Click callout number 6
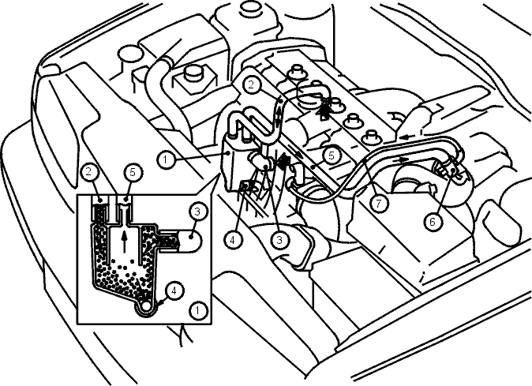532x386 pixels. click(x=433, y=222)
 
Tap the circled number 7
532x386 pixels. click(x=379, y=204)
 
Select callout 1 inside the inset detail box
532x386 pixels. click(x=198, y=310)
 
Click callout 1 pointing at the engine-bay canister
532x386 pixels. click(x=166, y=159)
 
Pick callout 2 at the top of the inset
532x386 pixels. click(x=89, y=171)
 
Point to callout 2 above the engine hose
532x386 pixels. click(x=251, y=84)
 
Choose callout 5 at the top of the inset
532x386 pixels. click(x=133, y=172)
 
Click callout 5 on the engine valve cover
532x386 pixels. click(x=332, y=156)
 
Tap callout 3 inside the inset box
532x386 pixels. click(x=197, y=212)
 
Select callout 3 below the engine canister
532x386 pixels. click(x=279, y=241)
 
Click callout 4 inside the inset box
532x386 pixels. click(x=174, y=291)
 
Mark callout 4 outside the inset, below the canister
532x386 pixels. click(x=232, y=241)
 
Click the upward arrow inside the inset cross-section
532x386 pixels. click(x=125, y=242)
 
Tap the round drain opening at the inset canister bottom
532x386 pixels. click(x=147, y=305)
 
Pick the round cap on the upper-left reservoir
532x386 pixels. click(x=129, y=55)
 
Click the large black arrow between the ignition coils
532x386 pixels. click(x=324, y=108)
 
